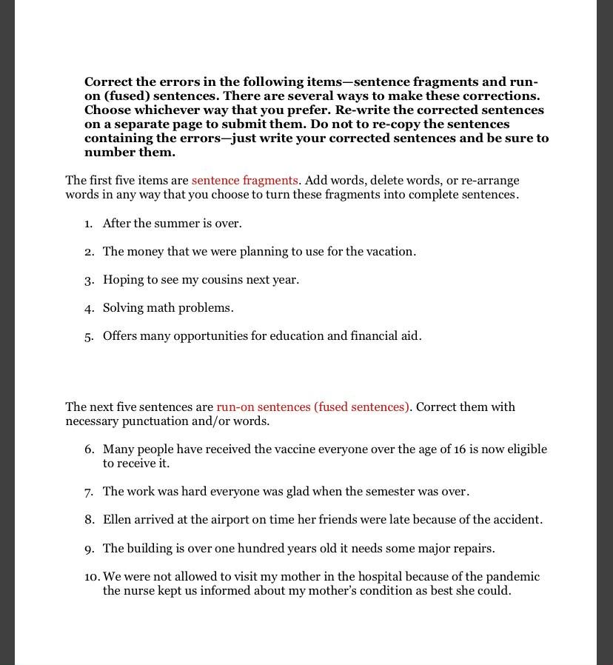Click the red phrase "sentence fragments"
click(x=244, y=181)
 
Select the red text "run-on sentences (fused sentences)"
click(x=312, y=407)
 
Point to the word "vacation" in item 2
click(x=391, y=252)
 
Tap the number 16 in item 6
click(x=460, y=450)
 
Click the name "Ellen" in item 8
click(x=117, y=520)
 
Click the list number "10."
click(x=92, y=577)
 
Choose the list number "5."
click(x=89, y=336)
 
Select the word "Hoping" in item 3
click(x=122, y=280)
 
